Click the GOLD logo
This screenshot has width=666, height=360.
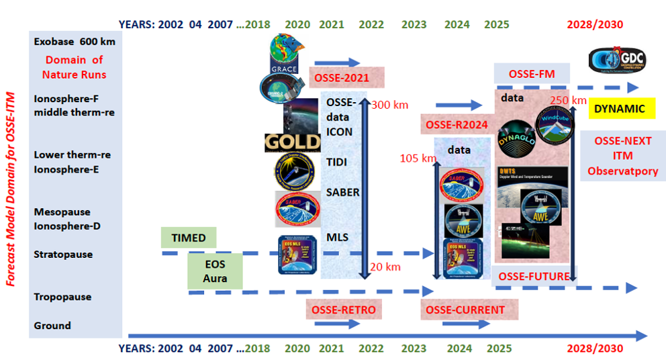[x=293, y=142]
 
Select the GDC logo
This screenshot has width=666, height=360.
[x=618, y=60]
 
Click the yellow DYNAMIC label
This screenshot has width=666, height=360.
[x=620, y=109]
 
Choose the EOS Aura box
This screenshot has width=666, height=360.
[x=215, y=271]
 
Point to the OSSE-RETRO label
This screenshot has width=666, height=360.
[x=344, y=310]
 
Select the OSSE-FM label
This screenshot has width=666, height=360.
[x=532, y=73]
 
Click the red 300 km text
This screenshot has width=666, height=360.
[x=389, y=105]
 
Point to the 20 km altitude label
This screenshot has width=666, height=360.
[x=385, y=267]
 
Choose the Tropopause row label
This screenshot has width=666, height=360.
[x=62, y=297]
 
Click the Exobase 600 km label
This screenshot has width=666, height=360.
[x=75, y=42]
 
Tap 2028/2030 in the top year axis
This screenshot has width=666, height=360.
[x=595, y=25]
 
